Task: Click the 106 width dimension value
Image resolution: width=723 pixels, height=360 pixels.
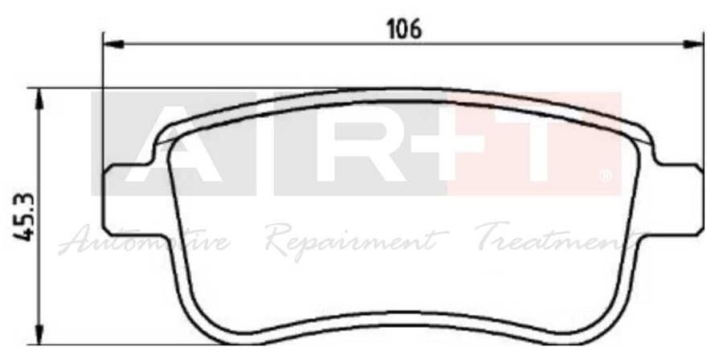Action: pyautogui.click(x=404, y=30)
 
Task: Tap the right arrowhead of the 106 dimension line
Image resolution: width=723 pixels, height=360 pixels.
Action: pyautogui.click(x=698, y=44)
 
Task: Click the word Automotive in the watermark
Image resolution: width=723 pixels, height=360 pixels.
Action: pyautogui.click(x=145, y=240)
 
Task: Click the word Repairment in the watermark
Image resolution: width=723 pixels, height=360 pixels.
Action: pyautogui.click(x=357, y=240)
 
